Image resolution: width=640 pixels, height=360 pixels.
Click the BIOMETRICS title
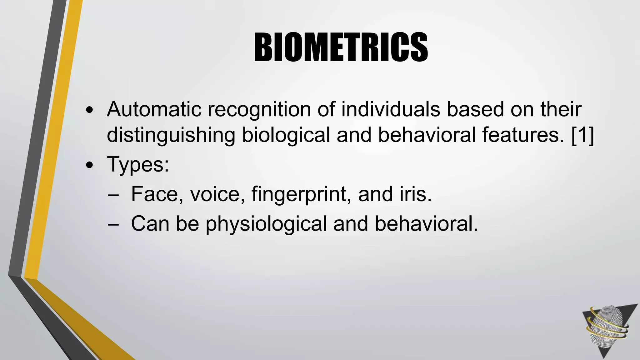tap(341, 48)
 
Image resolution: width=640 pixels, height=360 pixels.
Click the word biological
tap(286, 136)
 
